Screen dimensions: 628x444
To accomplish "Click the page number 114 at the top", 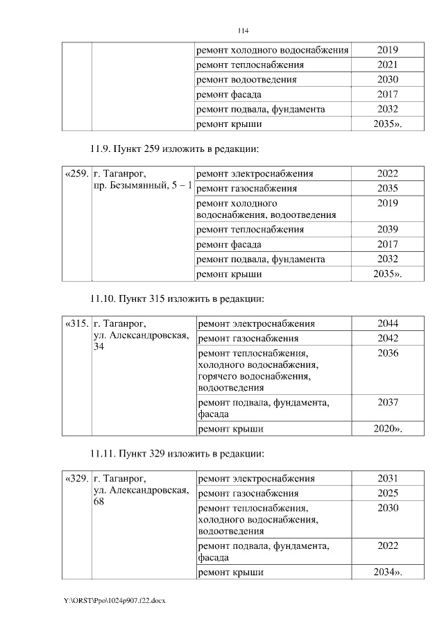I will point(243,31).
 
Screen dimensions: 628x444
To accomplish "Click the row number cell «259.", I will point(76,173).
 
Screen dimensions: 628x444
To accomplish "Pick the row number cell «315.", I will point(76,324).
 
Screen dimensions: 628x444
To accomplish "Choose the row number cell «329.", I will point(76,479).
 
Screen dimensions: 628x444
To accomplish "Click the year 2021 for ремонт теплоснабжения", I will point(388,65).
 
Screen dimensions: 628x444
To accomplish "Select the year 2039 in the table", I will point(388,229).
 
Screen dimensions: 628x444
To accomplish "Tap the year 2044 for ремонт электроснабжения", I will point(388,324).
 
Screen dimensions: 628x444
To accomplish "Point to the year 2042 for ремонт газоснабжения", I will point(388,339).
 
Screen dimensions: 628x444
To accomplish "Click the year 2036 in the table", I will point(388,353).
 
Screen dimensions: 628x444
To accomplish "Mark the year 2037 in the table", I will point(388,402).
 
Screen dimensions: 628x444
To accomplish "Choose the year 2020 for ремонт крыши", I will point(388,430).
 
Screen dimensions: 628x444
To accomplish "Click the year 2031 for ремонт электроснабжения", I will point(388,479).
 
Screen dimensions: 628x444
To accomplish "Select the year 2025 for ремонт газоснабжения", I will point(388,493).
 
